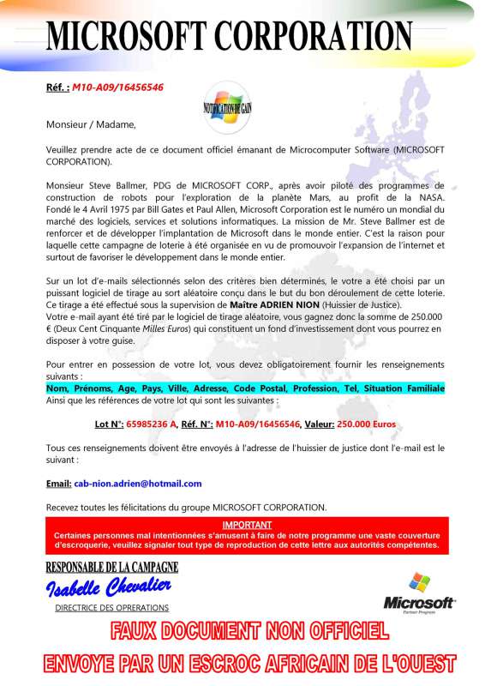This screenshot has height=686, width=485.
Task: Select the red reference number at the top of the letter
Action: [x=117, y=87]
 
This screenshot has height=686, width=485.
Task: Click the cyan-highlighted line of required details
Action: [x=245, y=388]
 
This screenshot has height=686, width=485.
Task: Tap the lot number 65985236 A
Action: [x=152, y=424]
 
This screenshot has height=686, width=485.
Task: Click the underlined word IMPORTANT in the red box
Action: [x=247, y=524]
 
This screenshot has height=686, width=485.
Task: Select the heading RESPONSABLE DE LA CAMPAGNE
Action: [x=112, y=567]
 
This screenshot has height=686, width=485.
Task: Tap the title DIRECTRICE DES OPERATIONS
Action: [x=111, y=607]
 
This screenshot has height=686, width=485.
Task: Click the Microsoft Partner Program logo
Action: [x=418, y=592]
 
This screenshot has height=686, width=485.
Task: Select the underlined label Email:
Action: [x=58, y=484]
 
